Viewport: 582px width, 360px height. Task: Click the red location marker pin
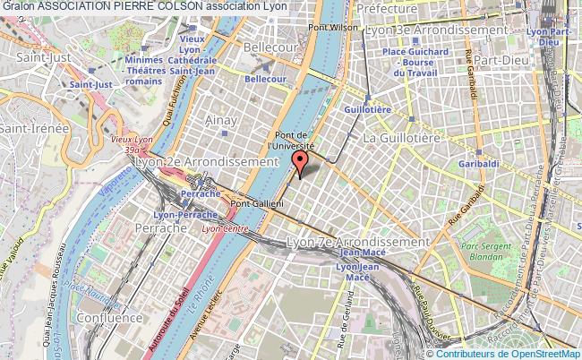click(x=300, y=163)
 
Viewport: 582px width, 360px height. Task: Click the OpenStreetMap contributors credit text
click(x=510, y=353)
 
